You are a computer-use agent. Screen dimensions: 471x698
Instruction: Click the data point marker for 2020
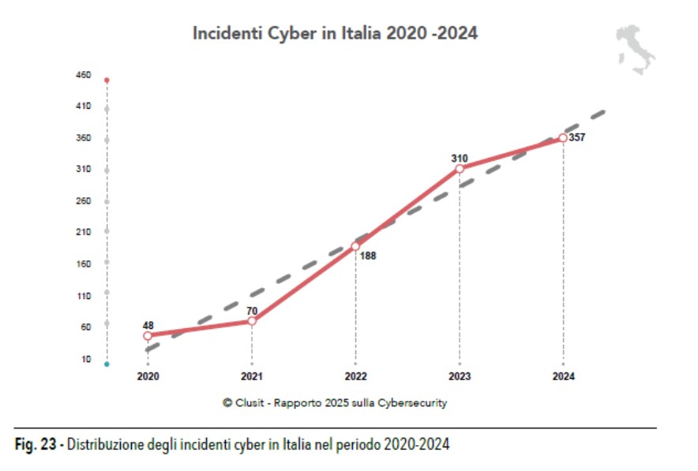tap(148, 336)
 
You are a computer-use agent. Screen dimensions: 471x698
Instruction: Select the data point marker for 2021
tap(252, 320)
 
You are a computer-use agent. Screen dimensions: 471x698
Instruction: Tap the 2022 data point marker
tap(355, 246)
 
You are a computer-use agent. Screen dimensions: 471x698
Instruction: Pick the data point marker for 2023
tap(460, 169)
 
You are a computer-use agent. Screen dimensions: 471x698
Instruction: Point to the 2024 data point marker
tap(563, 138)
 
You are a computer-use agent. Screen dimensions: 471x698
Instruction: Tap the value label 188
tap(369, 256)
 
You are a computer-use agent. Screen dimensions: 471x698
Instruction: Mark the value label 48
tap(148, 324)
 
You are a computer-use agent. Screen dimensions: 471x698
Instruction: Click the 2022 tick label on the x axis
tap(355, 377)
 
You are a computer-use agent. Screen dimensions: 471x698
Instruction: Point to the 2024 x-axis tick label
tap(563, 377)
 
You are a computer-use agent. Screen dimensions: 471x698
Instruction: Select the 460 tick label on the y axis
tap(84, 76)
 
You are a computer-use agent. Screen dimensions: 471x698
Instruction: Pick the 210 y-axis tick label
tap(84, 232)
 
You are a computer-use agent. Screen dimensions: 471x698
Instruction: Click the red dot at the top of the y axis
tap(107, 80)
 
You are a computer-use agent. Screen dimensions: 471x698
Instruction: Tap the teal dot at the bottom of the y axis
tap(107, 364)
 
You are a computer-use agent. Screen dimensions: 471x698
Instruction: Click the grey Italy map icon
tap(636, 49)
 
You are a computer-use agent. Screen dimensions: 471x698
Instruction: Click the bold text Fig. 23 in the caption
tap(39, 445)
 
